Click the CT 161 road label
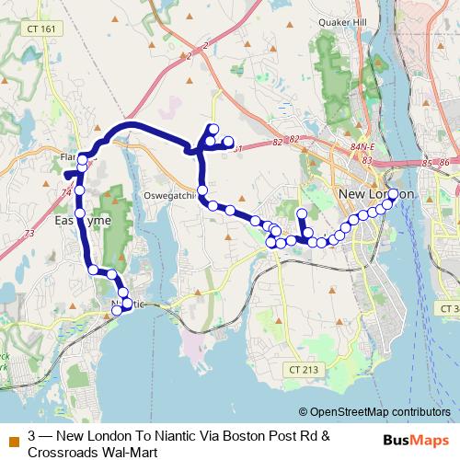click(42, 29)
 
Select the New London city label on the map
click(376, 194)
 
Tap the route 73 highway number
click(29, 235)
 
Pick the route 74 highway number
click(66, 192)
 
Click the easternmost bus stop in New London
click(394, 194)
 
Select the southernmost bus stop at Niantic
click(117, 310)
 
